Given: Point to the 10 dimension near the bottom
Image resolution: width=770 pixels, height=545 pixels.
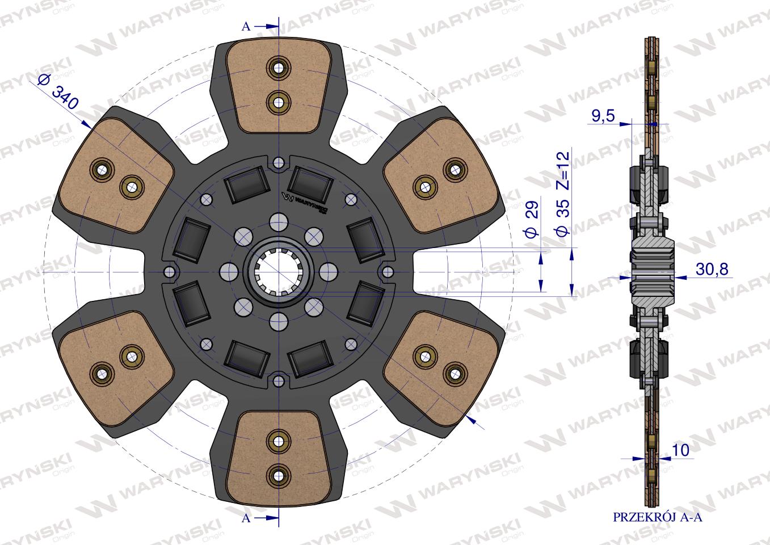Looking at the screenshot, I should tap(680, 450).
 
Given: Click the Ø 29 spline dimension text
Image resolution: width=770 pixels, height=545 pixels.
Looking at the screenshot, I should tap(531, 224).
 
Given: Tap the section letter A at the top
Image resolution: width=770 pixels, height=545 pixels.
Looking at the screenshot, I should tap(246, 26).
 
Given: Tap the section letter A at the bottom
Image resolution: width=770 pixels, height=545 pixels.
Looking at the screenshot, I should tap(246, 518).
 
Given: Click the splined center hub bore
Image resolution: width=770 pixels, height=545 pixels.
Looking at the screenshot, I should tap(279, 273).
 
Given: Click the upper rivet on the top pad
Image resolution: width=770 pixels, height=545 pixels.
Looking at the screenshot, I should tap(279, 67).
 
